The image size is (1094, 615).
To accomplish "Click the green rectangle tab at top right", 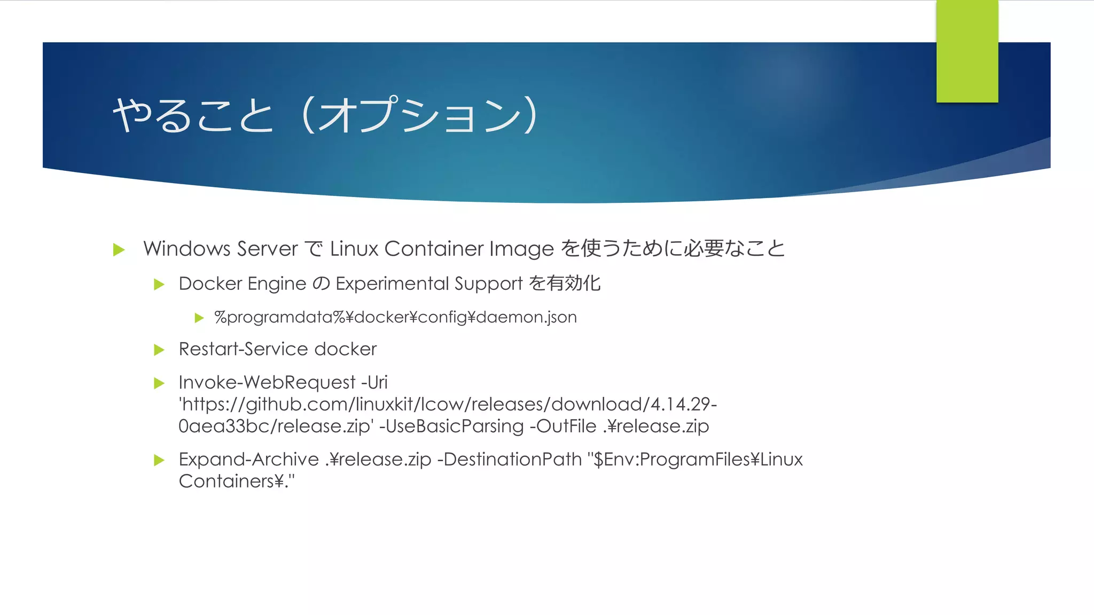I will click(x=967, y=51).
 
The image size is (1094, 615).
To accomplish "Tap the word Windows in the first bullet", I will click(x=187, y=249).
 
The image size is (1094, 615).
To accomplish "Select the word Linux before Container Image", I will click(x=354, y=249).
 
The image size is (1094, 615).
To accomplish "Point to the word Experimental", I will click(x=392, y=283).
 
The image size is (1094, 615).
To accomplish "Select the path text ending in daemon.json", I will click(x=395, y=317).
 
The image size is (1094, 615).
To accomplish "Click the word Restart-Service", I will click(x=244, y=349).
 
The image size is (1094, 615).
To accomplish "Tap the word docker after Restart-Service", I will click(x=346, y=349).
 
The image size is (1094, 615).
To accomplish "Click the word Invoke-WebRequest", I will click(x=267, y=382).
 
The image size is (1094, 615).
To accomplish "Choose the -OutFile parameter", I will click(x=563, y=426).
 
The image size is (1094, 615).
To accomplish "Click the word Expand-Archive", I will click(x=249, y=459).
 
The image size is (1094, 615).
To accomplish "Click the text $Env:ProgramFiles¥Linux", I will click(x=698, y=459).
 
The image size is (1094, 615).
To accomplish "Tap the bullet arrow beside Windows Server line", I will click(x=119, y=249).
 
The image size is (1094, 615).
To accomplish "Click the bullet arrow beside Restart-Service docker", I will click(x=159, y=350).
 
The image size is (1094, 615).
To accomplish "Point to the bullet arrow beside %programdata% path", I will click(x=199, y=318).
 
